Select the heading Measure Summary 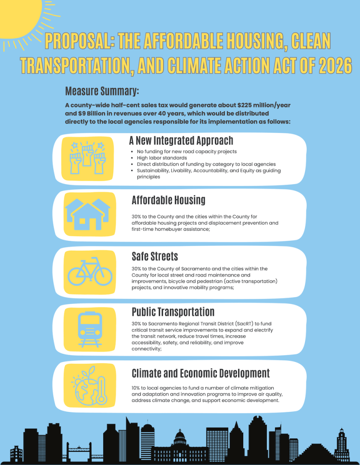[x=102, y=91]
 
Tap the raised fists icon [x=88, y=158]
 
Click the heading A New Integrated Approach [x=181, y=140]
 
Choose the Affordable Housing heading [x=168, y=200]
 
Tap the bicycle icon [x=90, y=271]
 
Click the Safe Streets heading [x=155, y=257]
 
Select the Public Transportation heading [x=173, y=312]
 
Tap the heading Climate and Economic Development [x=200, y=373]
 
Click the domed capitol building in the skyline [x=180, y=442]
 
